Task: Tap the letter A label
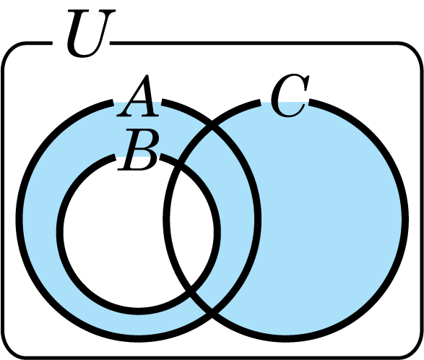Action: [138, 96]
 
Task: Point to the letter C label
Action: [290, 95]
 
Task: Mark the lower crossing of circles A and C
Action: [212, 314]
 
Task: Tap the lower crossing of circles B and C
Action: [191, 291]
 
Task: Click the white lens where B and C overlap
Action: [193, 225]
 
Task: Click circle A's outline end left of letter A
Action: [113, 103]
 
